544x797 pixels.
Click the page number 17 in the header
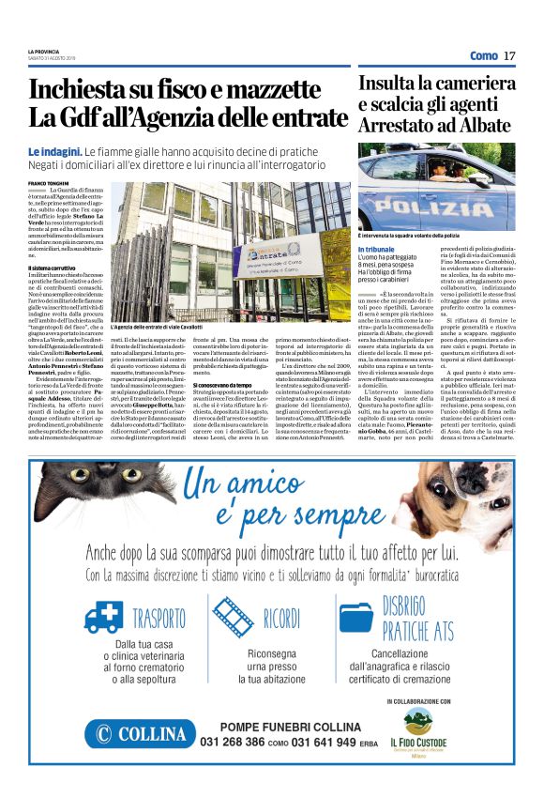pos(509,55)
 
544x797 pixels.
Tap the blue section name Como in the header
pos(483,55)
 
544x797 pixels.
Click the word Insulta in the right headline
pos(393,83)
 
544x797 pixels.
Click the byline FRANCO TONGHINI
pos(49,182)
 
